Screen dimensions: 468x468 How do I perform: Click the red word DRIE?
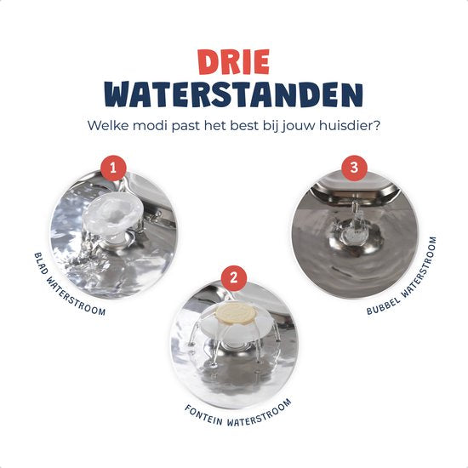click(234, 62)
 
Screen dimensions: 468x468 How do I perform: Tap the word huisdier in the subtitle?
click(350, 125)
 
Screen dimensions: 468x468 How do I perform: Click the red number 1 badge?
click(113, 168)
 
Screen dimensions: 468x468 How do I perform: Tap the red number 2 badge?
click(234, 278)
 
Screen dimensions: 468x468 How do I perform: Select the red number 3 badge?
click(354, 168)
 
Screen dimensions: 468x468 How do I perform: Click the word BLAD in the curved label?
click(41, 264)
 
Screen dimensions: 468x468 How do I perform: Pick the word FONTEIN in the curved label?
click(204, 415)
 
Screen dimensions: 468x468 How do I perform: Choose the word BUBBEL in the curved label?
click(383, 306)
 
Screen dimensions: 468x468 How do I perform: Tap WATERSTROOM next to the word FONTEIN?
click(259, 413)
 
